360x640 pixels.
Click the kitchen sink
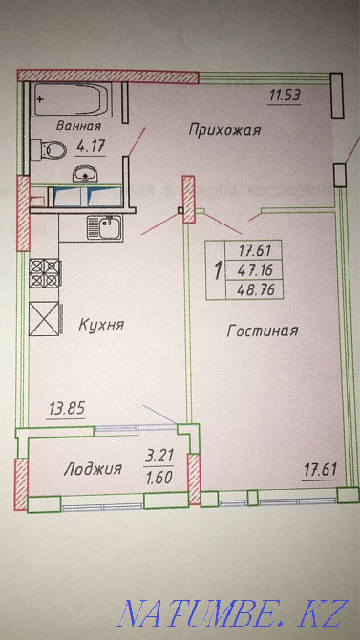click(x=103, y=226)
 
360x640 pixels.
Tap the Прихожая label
click(x=224, y=129)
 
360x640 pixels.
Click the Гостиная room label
click(x=264, y=331)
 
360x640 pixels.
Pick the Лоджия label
click(x=93, y=468)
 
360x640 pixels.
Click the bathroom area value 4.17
click(x=90, y=147)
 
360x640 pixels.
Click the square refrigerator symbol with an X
click(x=43, y=317)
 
